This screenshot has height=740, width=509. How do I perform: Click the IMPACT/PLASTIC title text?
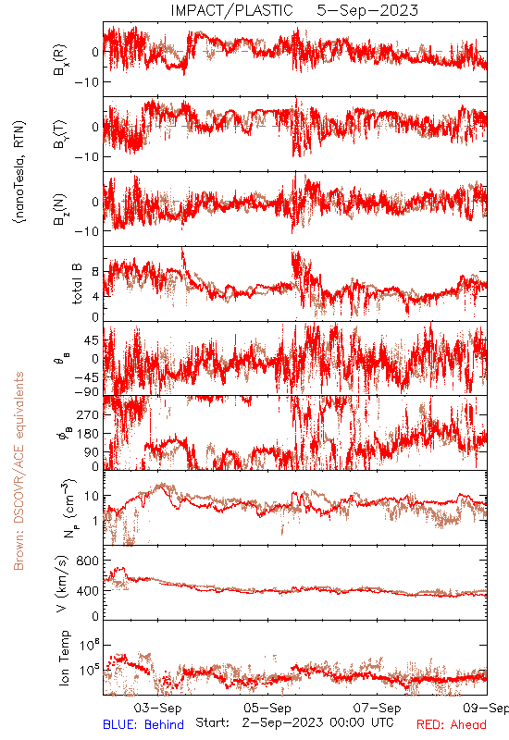(231, 10)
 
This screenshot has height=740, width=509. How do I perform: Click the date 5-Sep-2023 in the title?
(367, 10)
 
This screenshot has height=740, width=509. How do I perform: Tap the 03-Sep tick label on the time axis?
(157, 708)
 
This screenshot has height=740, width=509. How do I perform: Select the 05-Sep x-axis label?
(267, 708)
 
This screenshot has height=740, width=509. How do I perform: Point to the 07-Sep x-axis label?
(377, 708)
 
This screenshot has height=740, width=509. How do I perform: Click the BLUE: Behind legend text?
(143, 724)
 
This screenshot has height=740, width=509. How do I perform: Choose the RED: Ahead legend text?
(452, 724)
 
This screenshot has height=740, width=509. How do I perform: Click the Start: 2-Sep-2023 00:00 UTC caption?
(294, 722)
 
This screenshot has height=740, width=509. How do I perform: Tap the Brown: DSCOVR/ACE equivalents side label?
(19, 471)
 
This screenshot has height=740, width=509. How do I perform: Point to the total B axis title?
(77, 283)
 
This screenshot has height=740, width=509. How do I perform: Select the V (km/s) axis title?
(62, 584)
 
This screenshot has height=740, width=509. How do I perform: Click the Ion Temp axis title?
(64, 658)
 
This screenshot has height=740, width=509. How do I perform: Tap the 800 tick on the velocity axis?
(89, 561)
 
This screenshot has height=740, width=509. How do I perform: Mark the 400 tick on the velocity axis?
(89, 590)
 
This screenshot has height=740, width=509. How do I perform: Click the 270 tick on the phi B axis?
(89, 414)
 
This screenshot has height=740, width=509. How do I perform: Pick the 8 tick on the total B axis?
(95, 272)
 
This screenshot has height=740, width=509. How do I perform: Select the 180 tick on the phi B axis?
(89, 433)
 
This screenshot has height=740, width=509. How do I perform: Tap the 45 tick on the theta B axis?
(93, 340)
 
